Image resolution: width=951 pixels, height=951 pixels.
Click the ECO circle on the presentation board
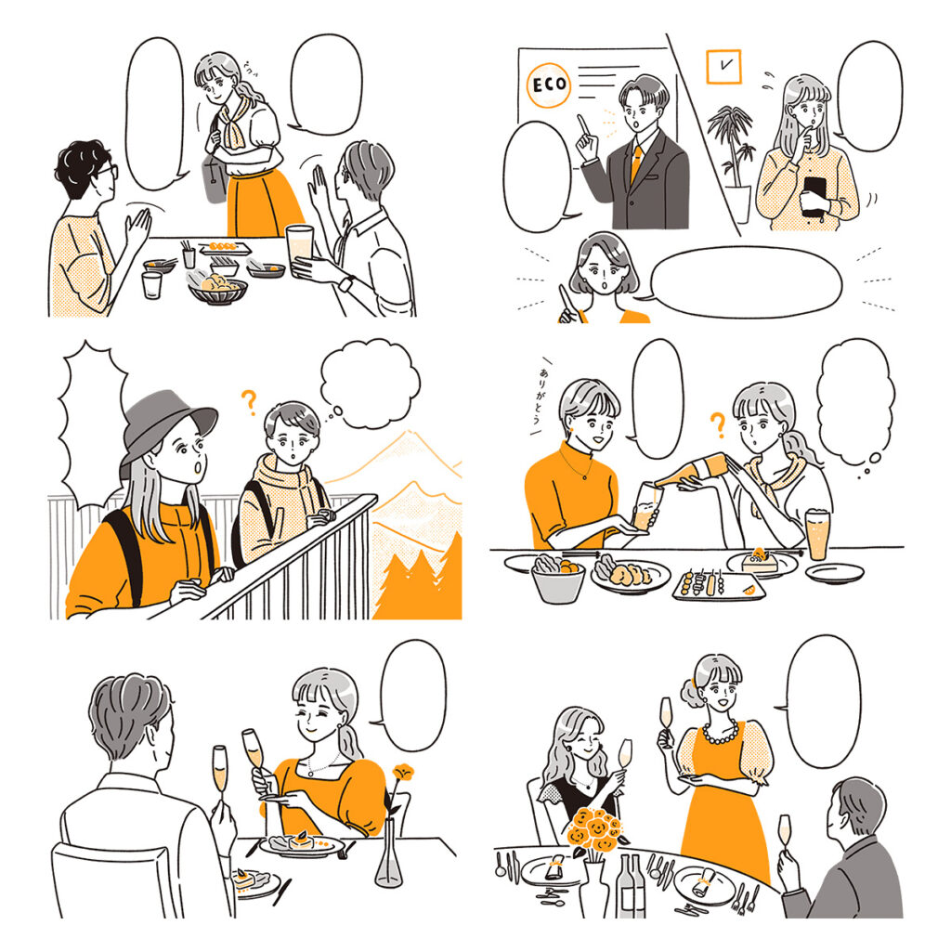click(547, 86)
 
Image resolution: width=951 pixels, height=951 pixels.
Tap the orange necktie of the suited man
click(636, 163)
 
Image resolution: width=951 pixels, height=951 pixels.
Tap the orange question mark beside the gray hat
click(248, 401)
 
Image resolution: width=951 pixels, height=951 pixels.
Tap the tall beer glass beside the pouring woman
click(817, 534)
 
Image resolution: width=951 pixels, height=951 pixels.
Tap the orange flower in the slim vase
click(401, 773)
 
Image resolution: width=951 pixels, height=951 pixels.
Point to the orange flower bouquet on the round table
click(594, 828)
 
